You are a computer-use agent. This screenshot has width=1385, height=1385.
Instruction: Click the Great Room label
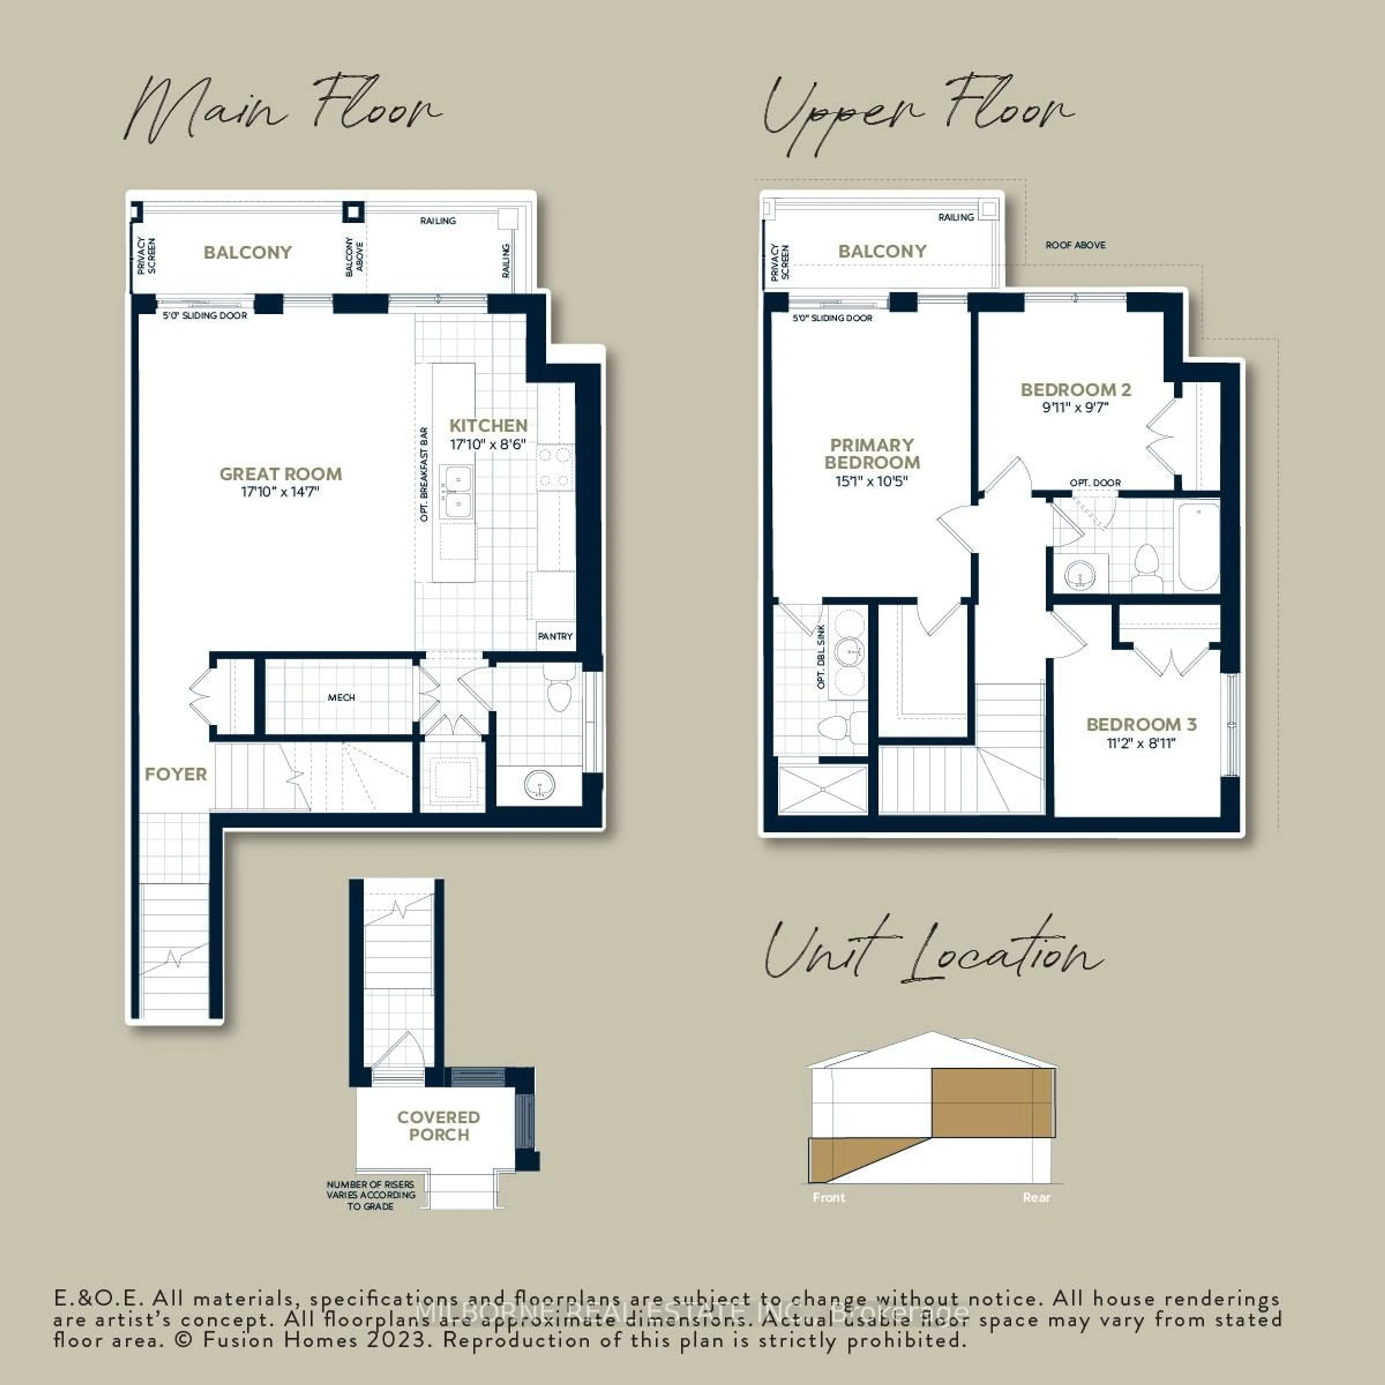coord(280,474)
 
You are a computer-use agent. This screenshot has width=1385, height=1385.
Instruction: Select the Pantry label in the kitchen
coord(555,636)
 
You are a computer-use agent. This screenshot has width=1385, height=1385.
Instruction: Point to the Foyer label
coord(176,774)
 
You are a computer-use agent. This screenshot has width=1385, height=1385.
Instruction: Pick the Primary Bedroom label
coord(872,454)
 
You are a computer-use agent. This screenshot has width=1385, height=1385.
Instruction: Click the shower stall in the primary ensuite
coord(822,789)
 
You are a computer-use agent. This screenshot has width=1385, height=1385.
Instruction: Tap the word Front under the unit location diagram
coord(829,1197)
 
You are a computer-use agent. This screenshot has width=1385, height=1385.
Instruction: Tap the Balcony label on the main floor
coord(247,252)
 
